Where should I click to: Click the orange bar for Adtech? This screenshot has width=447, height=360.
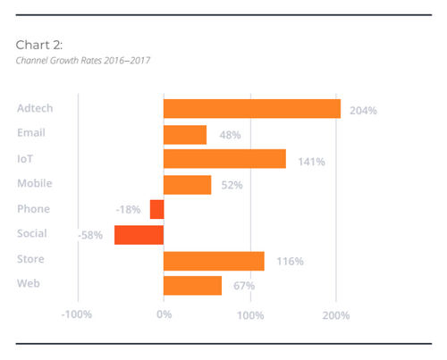click(x=252, y=109)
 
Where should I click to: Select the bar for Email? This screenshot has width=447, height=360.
click(x=185, y=134)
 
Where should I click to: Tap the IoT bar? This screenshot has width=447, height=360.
click(x=224, y=159)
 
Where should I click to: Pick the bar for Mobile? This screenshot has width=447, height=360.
click(x=187, y=185)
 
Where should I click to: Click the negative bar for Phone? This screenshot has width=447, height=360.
click(x=156, y=210)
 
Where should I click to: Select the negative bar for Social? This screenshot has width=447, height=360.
click(x=139, y=235)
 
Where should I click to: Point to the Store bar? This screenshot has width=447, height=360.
click(x=214, y=261)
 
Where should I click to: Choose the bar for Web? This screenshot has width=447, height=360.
click(x=192, y=286)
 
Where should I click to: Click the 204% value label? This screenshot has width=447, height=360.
click(x=364, y=111)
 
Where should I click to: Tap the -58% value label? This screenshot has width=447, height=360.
click(x=90, y=236)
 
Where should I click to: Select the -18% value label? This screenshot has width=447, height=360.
click(x=128, y=210)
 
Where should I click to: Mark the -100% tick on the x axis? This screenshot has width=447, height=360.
click(x=77, y=315)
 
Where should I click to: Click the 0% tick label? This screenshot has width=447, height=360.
click(x=164, y=315)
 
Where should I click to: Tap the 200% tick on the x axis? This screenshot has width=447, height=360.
click(x=336, y=315)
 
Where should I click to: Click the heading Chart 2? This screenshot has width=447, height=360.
click(x=38, y=44)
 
